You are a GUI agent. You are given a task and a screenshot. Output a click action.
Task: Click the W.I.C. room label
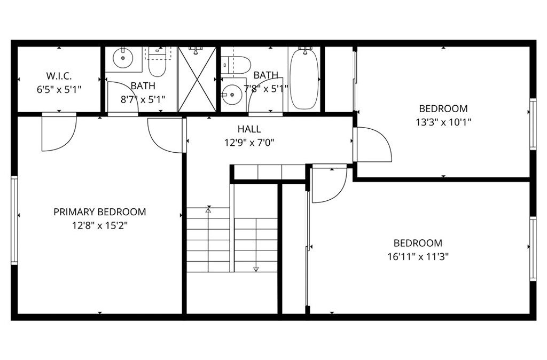pyautogui.click(x=59, y=76)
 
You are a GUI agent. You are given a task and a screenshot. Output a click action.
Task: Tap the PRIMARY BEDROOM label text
pyautogui.click(x=99, y=212)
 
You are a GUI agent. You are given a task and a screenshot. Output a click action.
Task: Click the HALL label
pyautogui.click(x=249, y=129)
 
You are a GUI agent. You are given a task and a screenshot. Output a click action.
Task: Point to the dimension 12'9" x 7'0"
pyautogui.click(x=249, y=143)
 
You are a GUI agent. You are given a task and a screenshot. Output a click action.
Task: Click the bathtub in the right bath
pyautogui.click(x=304, y=79)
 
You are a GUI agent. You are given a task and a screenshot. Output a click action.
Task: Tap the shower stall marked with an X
pyautogui.click(x=197, y=79)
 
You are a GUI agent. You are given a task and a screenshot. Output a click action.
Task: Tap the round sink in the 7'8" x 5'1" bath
pyautogui.click(x=232, y=95)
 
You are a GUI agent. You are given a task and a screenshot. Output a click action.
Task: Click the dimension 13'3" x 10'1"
pyautogui.click(x=443, y=122)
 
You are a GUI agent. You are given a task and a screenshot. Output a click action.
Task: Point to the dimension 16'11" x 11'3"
pyautogui.click(x=418, y=256)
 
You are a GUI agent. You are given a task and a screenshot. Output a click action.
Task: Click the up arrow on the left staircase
pyautogui.click(x=208, y=210)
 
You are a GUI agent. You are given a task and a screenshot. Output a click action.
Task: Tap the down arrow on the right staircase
pyautogui.click(x=256, y=269)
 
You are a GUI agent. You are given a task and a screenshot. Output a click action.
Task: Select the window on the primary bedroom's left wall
pyautogui.click(x=14, y=220)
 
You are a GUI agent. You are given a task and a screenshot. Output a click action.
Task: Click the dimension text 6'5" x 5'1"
pyautogui.click(x=59, y=89)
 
